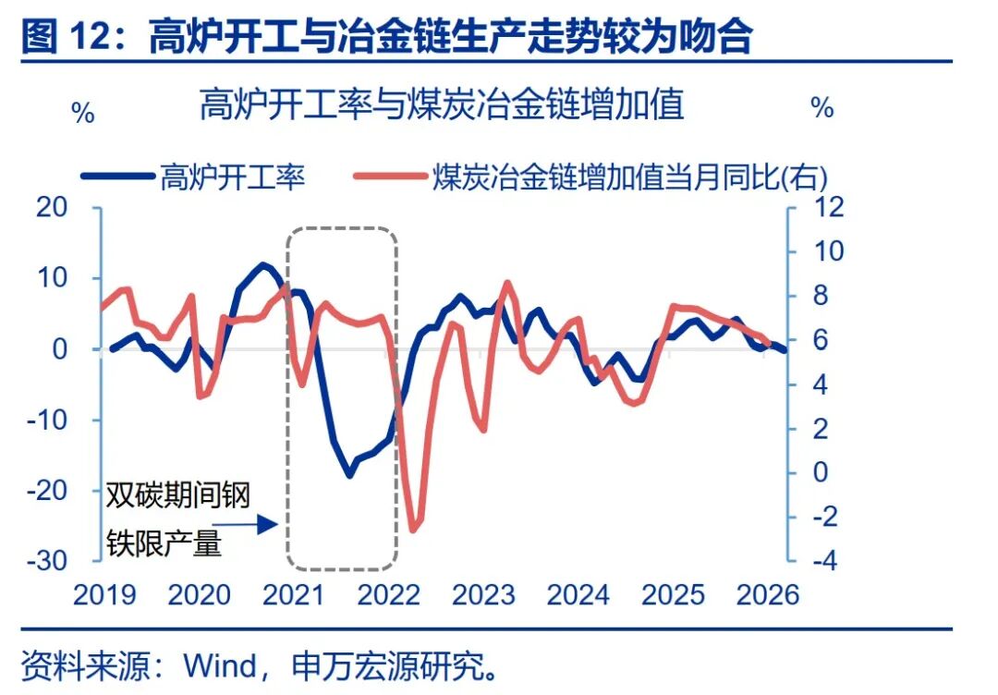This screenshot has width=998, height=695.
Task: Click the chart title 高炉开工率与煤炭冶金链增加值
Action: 442,105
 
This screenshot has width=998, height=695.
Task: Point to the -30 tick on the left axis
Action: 50,561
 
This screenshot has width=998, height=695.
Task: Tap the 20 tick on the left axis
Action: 54,207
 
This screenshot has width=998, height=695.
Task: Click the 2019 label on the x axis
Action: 104,594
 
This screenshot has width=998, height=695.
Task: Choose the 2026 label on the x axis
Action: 768,594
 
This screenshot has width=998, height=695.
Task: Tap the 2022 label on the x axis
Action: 388,594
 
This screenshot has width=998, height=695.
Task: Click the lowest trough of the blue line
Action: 349,475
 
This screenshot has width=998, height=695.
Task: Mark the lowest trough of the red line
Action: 413,530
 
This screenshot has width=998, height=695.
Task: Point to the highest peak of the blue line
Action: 265,265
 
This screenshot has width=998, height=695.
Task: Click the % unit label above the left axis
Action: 82,115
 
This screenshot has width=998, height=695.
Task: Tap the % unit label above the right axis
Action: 822,108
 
